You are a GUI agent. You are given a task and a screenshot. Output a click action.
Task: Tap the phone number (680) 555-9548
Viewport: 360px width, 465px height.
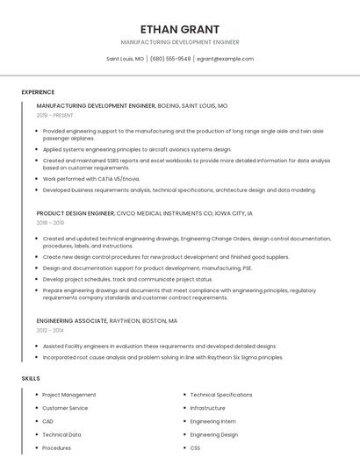[x=170, y=59]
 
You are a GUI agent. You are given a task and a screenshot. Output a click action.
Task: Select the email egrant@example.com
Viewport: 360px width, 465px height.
[x=225, y=59]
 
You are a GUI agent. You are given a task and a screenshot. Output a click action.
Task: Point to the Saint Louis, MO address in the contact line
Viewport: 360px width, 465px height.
[x=126, y=59]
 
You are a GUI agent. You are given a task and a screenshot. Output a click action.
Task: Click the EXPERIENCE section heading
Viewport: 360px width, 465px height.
[x=38, y=92]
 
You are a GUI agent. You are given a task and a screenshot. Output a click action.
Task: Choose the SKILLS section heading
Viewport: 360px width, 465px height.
[x=31, y=378]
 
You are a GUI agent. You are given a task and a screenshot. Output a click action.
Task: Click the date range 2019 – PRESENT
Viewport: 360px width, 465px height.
[x=55, y=115]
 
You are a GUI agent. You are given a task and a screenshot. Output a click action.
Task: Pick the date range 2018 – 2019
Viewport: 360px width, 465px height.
[x=50, y=223]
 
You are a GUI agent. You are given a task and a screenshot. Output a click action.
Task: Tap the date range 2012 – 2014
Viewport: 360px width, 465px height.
[x=50, y=331]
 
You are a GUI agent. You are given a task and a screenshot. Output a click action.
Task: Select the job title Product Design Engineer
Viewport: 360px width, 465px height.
[x=76, y=213]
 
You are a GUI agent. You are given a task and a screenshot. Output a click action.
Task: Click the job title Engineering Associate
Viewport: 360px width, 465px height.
[x=75, y=321]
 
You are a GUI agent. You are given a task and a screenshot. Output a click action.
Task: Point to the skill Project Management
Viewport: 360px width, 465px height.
[x=69, y=395]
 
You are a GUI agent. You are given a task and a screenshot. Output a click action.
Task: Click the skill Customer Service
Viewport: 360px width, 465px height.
[x=65, y=408]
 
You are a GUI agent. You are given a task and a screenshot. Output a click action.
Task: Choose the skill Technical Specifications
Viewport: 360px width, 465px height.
[x=221, y=395]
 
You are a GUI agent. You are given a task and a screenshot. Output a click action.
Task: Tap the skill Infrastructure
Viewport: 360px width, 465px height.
[x=208, y=408]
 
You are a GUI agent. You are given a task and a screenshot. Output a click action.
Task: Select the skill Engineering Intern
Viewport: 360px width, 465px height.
[x=212, y=421]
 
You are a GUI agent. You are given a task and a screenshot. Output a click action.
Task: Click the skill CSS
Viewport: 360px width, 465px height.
[x=196, y=447]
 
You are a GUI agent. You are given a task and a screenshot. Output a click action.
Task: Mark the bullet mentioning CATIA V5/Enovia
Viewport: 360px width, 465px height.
[x=91, y=179]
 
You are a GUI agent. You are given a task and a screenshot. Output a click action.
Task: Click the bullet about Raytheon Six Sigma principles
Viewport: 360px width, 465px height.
[x=162, y=357]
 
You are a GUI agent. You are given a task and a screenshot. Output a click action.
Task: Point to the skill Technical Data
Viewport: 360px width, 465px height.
[x=61, y=434]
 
